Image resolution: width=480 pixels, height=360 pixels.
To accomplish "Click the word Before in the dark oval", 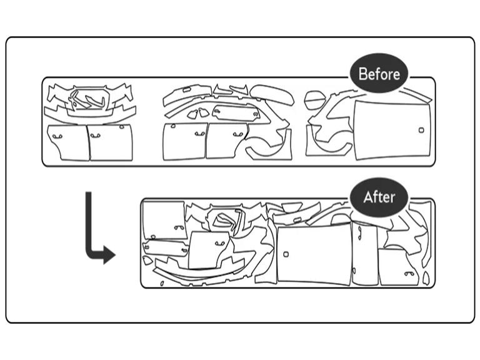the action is (x=379, y=74).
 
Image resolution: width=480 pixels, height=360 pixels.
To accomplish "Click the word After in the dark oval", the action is (x=379, y=197).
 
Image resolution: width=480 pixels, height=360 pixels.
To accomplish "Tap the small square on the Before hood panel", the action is (x=421, y=130).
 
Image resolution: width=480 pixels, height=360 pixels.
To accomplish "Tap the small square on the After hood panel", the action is (x=286, y=254).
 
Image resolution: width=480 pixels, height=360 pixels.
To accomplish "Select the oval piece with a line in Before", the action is (x=314, y=100).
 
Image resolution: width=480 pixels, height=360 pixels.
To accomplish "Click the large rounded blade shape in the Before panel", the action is (x=272, y=94).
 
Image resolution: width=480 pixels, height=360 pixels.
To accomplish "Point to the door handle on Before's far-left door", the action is (x=57, y=136).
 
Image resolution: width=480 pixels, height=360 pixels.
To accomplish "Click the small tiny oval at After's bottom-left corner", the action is (x=162, y=284).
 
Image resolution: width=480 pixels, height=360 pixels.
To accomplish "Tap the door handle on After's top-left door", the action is (x=179, y=227).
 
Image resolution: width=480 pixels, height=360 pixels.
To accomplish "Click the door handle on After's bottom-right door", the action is (x=409, y=274).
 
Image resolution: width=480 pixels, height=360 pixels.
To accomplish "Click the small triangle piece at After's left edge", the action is (x=147, y=261).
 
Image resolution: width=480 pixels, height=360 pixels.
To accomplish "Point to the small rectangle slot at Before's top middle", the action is (x=186, y=90).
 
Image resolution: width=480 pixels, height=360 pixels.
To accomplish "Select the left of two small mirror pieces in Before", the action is (x=192, y=114).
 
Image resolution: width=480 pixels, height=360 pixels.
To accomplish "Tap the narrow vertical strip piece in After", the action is (x=364, y=254).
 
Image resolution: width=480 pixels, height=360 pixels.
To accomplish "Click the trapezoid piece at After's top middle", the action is (x=292, y=207).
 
